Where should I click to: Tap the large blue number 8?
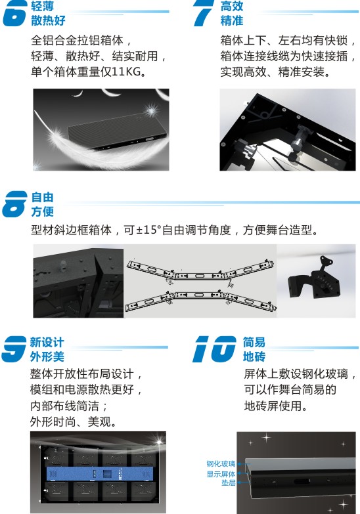click(x=14, y=204)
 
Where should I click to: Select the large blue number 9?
click(x=14, y=349)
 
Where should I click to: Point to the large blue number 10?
click(x=214, y=349)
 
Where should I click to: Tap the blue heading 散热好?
click(x=48, y=20)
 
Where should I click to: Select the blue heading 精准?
click(x=232, y=20)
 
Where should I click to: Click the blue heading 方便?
click(x=42, y=211)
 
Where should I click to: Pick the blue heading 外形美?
click(x=47, y=356)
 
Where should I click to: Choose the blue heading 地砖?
click(x=254, y=356)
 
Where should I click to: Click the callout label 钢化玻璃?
click(x=221, y=463)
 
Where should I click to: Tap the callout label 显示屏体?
click(x=221, y=474)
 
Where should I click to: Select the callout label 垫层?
click(x=229, y=482)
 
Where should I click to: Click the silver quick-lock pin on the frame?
click(x=299, y=141)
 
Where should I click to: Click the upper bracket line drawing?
click(x=200, y=272)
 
